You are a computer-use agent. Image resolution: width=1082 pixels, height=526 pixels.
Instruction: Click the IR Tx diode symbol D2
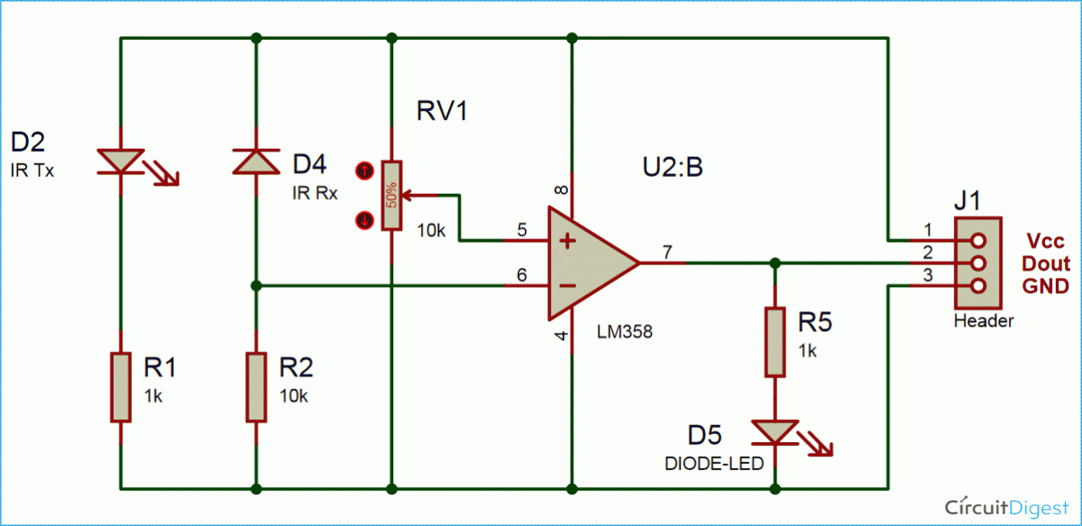click(x=120, y=161)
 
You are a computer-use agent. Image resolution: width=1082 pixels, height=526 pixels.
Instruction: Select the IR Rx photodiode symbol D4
click(x=256, y=161)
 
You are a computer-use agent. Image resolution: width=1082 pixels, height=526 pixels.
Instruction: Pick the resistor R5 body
click(x=774, y=342)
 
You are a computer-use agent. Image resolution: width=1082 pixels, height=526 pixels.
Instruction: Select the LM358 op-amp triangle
click(x=586, y=263)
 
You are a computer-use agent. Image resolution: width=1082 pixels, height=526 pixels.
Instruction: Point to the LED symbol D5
click(x=774, y=433)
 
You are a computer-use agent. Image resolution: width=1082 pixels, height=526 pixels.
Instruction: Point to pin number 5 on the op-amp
click(x=522, y=228)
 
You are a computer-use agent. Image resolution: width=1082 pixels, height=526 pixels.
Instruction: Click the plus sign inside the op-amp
click(x=567, y=241)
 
